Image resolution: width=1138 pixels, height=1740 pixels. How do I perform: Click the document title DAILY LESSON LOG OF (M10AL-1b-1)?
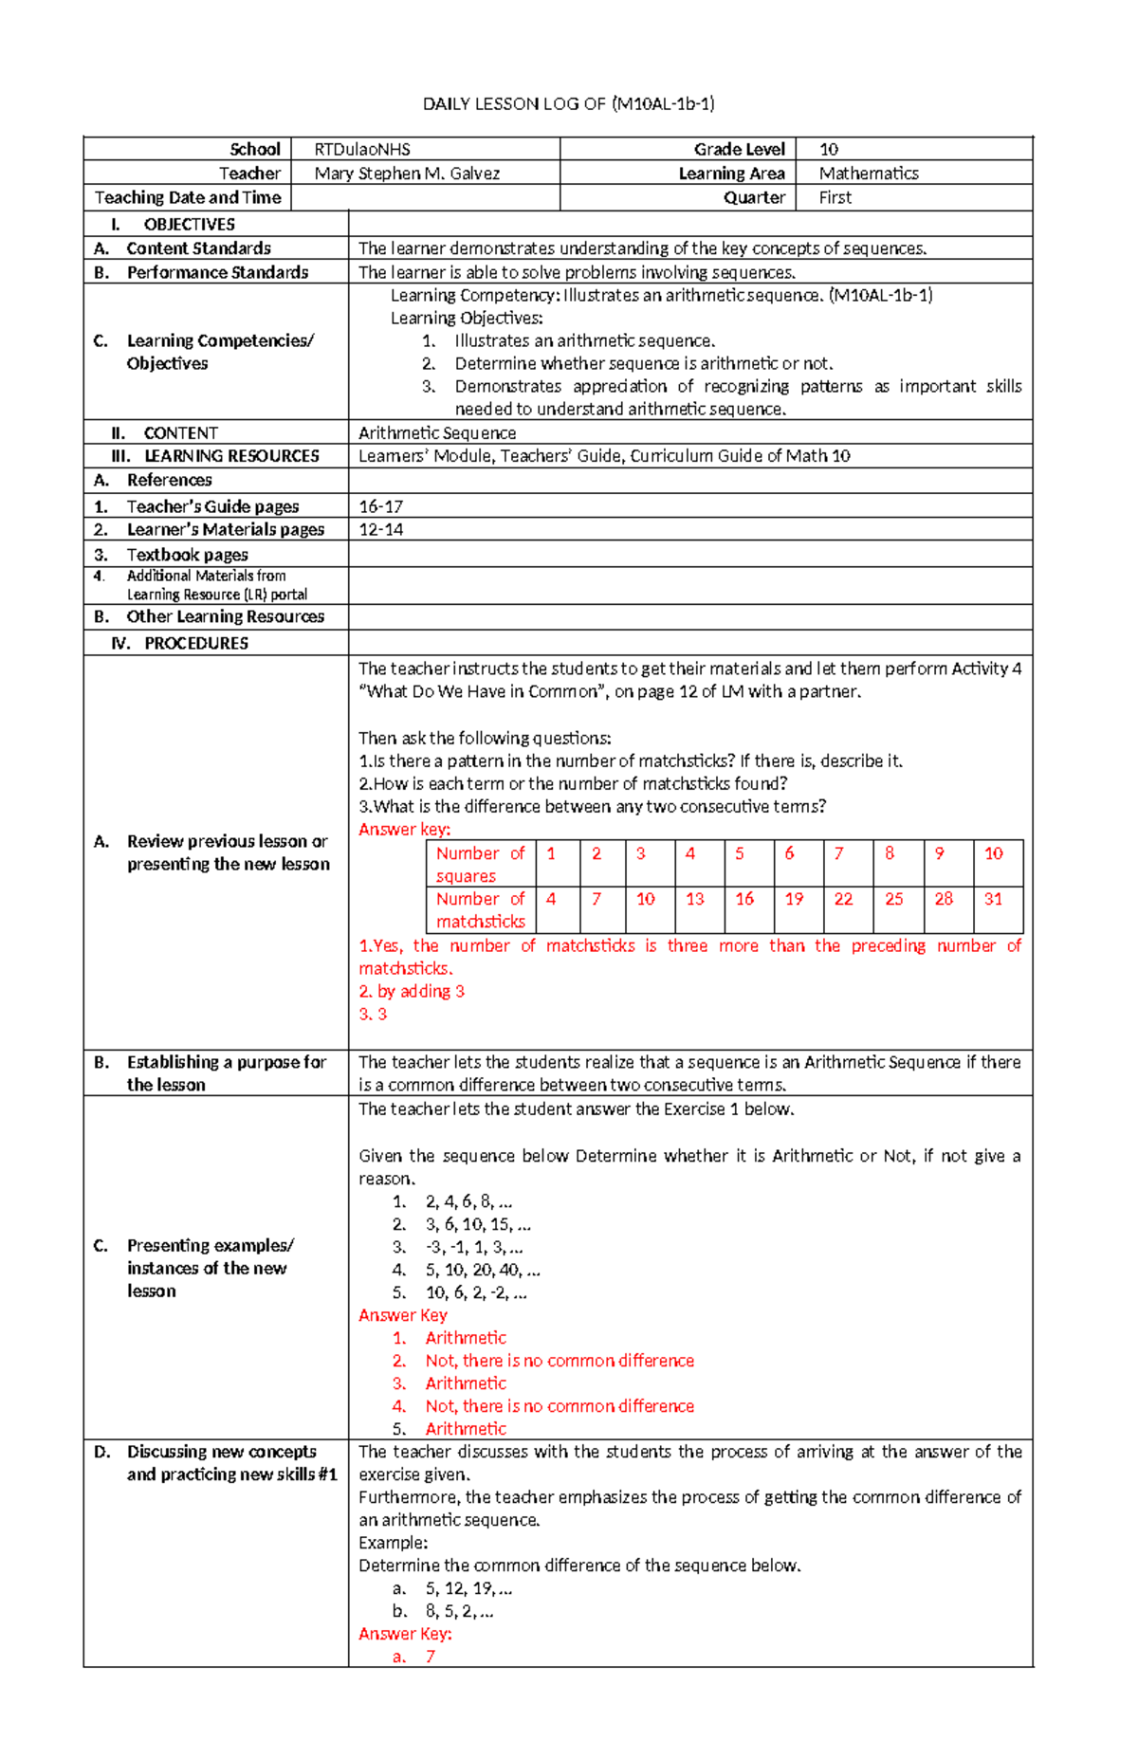568,103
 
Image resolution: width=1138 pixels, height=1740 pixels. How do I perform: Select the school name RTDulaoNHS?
362,149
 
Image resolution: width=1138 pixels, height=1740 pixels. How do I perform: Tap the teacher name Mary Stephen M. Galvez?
407,174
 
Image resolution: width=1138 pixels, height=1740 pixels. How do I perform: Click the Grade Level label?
739,149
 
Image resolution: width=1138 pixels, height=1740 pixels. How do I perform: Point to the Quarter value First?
835,197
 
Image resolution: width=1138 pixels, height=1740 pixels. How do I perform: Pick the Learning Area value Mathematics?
868,174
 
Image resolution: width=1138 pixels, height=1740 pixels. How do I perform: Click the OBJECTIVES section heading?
189,225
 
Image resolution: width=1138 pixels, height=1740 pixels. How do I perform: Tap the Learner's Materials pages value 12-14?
380,529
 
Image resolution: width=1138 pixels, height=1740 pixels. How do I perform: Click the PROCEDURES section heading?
195,643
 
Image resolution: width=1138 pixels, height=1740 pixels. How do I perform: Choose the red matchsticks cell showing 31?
992,899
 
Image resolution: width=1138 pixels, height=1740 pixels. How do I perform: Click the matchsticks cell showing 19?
794,899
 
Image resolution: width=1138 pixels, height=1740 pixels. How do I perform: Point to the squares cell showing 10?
993,853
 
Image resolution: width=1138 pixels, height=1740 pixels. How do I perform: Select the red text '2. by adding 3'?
412,991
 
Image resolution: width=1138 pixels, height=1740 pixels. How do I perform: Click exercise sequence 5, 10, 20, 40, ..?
482,1270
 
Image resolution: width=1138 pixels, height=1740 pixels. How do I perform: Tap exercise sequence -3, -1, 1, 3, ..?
473,1247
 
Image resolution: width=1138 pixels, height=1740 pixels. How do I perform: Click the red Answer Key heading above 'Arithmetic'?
402,1315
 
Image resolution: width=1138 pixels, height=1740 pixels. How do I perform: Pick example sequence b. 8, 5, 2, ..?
458,1611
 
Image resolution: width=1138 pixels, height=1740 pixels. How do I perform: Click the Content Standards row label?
198,248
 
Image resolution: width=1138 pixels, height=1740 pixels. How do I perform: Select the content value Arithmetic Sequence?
437,433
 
